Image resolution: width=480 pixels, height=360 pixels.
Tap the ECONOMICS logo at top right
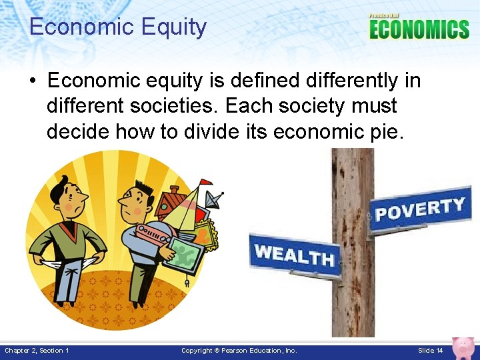pyautogui.click(x=419, y=29)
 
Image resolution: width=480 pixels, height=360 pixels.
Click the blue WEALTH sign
pyautogui.click(x=294, y=254)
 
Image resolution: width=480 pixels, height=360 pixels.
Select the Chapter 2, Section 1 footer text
pyautogui.click(x=37, y=351)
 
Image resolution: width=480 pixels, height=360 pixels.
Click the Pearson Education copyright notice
pyautogui.click(x=239, y=351)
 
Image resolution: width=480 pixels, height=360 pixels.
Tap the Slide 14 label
pyautogui.click(x=430, y=351)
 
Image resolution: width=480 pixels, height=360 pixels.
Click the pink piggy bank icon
pyautogui.click(x=463, y=347)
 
